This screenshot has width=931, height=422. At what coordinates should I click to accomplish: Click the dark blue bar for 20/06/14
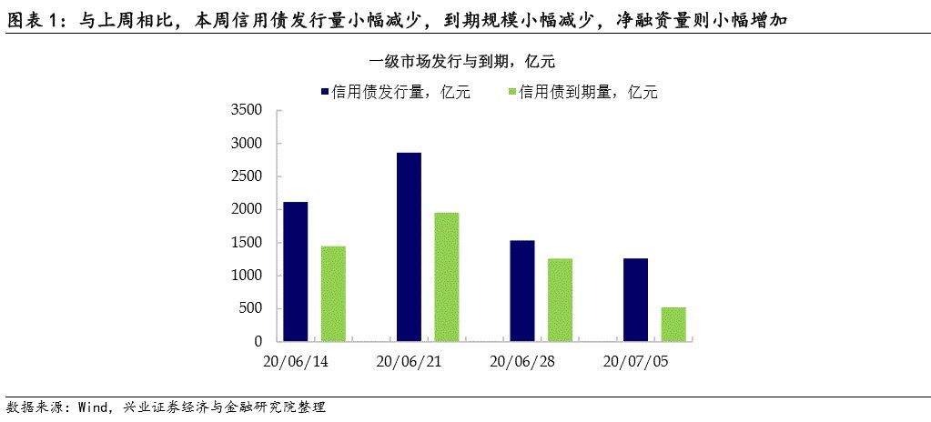click(x=295, y=271)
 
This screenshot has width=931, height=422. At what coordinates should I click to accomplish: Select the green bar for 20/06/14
click(x=333, y=294)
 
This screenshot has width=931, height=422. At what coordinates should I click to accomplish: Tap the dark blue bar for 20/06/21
click(x=409, y=246)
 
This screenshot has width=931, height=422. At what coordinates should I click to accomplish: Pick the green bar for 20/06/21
click(x=447, y=276)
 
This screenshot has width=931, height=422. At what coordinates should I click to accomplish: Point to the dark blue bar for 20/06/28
click(x=522, y=290)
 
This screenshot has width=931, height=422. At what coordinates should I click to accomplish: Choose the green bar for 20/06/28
click(x=560, y=300)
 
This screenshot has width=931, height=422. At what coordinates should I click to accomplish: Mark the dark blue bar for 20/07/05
click(x=635, y=299)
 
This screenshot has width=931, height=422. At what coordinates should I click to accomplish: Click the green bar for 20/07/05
click(x=673, y=324)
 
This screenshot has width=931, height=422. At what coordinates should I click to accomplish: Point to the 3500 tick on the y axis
click(x=246, y=111)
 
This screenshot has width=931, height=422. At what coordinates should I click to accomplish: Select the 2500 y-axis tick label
click(x=246, y=176)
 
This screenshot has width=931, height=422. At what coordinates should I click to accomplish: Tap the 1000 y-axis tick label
click(x=246, y=276)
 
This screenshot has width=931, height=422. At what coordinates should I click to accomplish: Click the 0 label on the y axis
click(x=258, y=341)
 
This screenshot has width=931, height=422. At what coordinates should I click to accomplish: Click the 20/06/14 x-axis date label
click(x=295, y=361)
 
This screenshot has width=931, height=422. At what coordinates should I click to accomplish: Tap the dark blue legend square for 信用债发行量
click(x=324, y=92)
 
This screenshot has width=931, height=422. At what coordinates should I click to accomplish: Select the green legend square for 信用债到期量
click(x=512, y=92)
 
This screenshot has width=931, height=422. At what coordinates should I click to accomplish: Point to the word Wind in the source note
click(x=95, y=407)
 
